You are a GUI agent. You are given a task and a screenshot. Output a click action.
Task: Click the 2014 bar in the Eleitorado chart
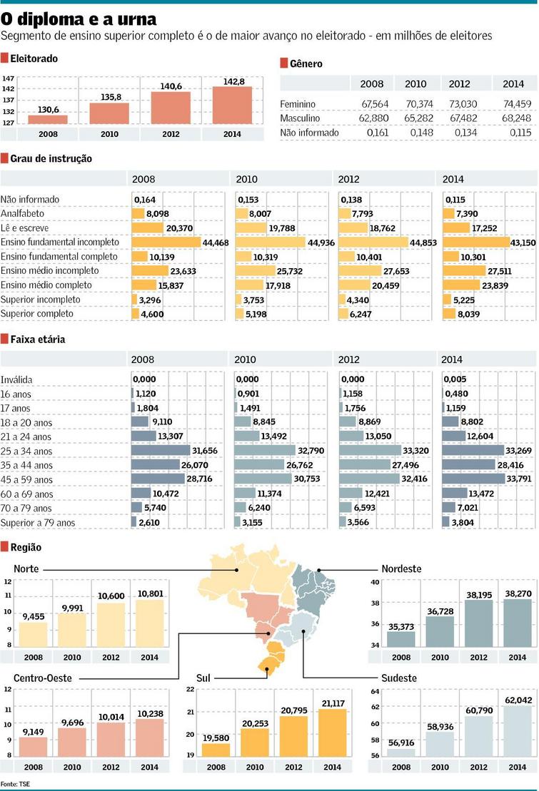tap(232, 106)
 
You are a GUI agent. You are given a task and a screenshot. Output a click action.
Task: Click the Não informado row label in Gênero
tap(309, 133)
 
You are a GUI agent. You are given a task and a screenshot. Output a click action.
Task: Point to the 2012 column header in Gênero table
tap(459, 83)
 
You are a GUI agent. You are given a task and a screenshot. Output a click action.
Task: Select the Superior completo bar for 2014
tap(449, 314)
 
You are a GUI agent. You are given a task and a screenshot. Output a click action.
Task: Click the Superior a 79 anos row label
tap(38, 523)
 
